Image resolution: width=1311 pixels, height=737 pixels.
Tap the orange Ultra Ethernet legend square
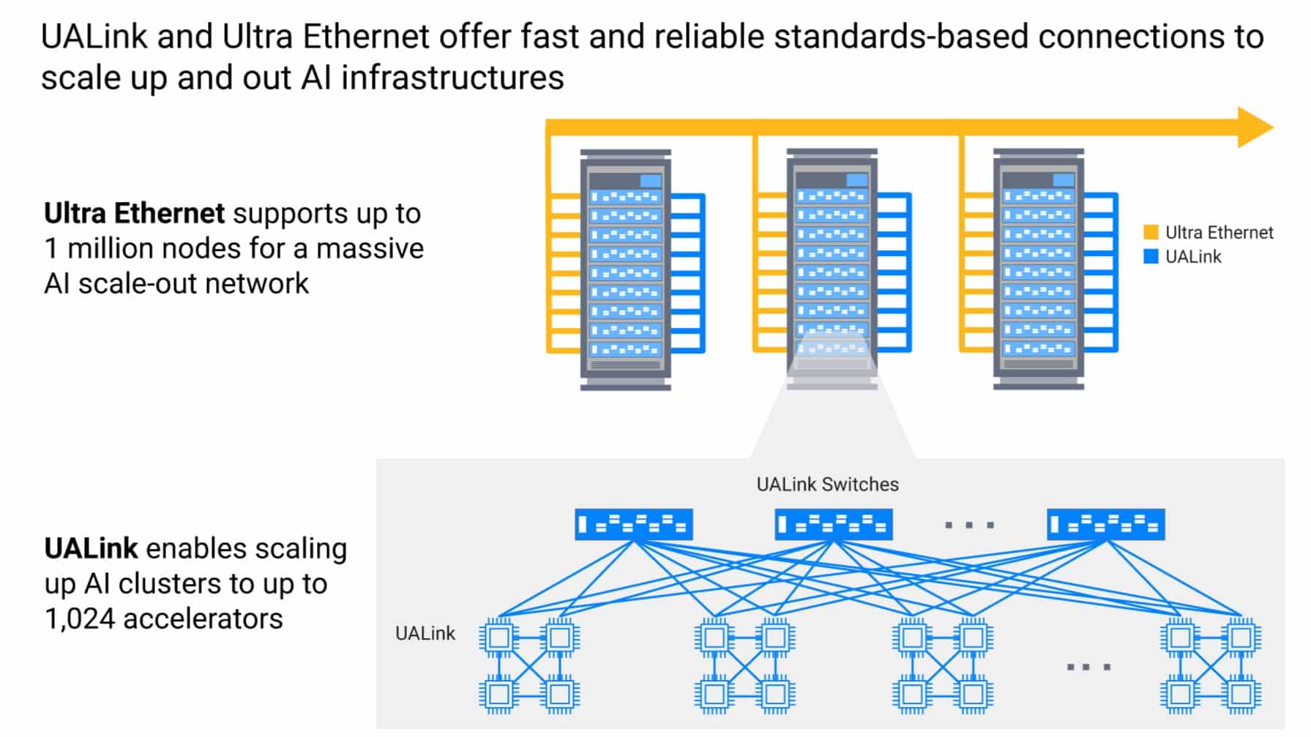(1151, 233)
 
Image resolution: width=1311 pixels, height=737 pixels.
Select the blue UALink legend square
(1151, 257)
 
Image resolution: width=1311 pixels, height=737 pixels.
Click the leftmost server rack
(626, 269)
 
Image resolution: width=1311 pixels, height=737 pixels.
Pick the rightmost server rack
(1038, 269)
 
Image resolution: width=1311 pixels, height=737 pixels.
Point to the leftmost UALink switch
(634, 525)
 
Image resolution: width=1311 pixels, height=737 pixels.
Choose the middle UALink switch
(834, 525)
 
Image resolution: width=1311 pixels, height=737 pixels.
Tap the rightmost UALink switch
(1106, 525)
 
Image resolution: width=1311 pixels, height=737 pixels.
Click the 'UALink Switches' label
(827, 485)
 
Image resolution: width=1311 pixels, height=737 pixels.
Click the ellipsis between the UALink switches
(969, 525)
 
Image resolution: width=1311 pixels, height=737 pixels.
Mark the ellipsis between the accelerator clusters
(1088, 667)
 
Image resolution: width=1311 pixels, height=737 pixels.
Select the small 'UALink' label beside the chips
(425, 633)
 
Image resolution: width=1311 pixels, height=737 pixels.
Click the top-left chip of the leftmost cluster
(499, 637)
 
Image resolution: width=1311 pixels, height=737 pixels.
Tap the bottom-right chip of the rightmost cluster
(1241, 694)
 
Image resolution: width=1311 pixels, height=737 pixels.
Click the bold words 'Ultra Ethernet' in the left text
(135, 214)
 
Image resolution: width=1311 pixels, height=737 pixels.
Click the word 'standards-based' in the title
(900, 37)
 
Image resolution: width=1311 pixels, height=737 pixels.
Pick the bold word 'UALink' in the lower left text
(91, 549)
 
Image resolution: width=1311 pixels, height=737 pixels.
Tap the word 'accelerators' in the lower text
(203, 619)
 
